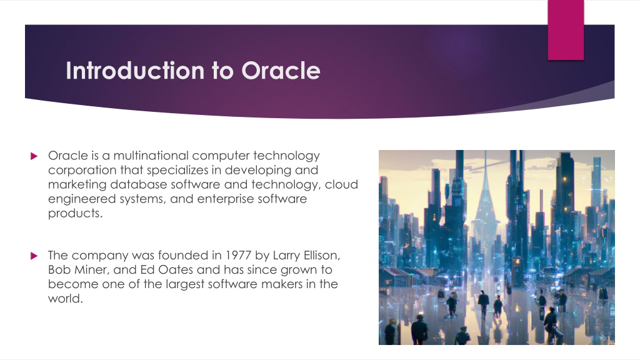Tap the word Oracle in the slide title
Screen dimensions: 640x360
tap(281, 71)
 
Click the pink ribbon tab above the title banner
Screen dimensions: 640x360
tap(566, 30)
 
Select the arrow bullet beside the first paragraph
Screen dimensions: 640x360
tap(34, 156)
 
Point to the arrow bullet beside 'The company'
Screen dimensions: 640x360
tap(34, 256)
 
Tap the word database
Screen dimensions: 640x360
tap(138, 184)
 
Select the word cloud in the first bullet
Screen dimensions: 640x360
tap(341, 184)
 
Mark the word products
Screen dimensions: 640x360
tap(75, 214)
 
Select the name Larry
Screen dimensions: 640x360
tap(286, 256)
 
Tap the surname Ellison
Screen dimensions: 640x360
tap(322, 256)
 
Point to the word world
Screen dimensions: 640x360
tap(65, 299)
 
